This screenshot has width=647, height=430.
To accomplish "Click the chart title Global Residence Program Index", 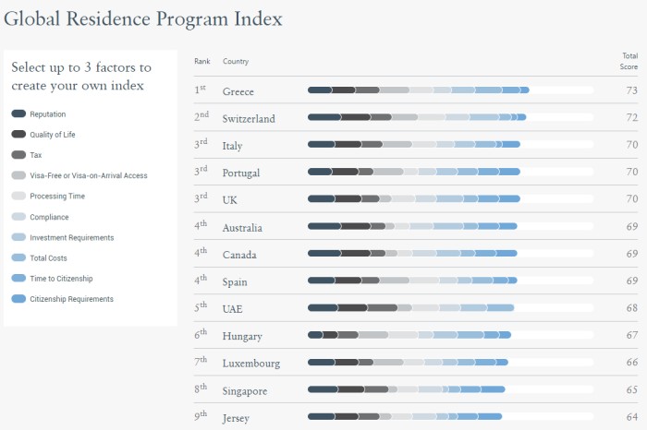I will coord(143,19).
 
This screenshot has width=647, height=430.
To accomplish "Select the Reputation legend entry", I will coord(47,113).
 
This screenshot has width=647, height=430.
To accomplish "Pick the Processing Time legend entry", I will coord(56,196).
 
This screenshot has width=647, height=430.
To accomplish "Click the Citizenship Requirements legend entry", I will coord(70,299).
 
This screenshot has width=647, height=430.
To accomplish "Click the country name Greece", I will coord(238,91).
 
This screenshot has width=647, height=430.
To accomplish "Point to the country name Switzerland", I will coord(249,119).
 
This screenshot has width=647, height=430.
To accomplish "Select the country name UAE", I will coord(233,309).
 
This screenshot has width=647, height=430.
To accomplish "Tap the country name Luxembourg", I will coord(250,364).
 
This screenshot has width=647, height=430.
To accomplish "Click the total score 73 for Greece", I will coord(632,90).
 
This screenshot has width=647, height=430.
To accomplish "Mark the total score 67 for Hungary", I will coord(632,336).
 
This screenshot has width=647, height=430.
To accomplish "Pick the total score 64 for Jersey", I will coord(632,418).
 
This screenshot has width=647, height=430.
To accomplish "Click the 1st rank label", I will coord(200,90).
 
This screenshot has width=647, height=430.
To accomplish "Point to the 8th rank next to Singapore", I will coord(201,389).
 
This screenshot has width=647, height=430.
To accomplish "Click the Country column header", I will coord(236,62).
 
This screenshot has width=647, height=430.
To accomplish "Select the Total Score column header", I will coord(629,62).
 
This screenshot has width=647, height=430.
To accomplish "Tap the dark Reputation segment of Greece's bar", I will coord(319,90).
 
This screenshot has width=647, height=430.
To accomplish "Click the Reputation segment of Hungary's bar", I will coord(315,336).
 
